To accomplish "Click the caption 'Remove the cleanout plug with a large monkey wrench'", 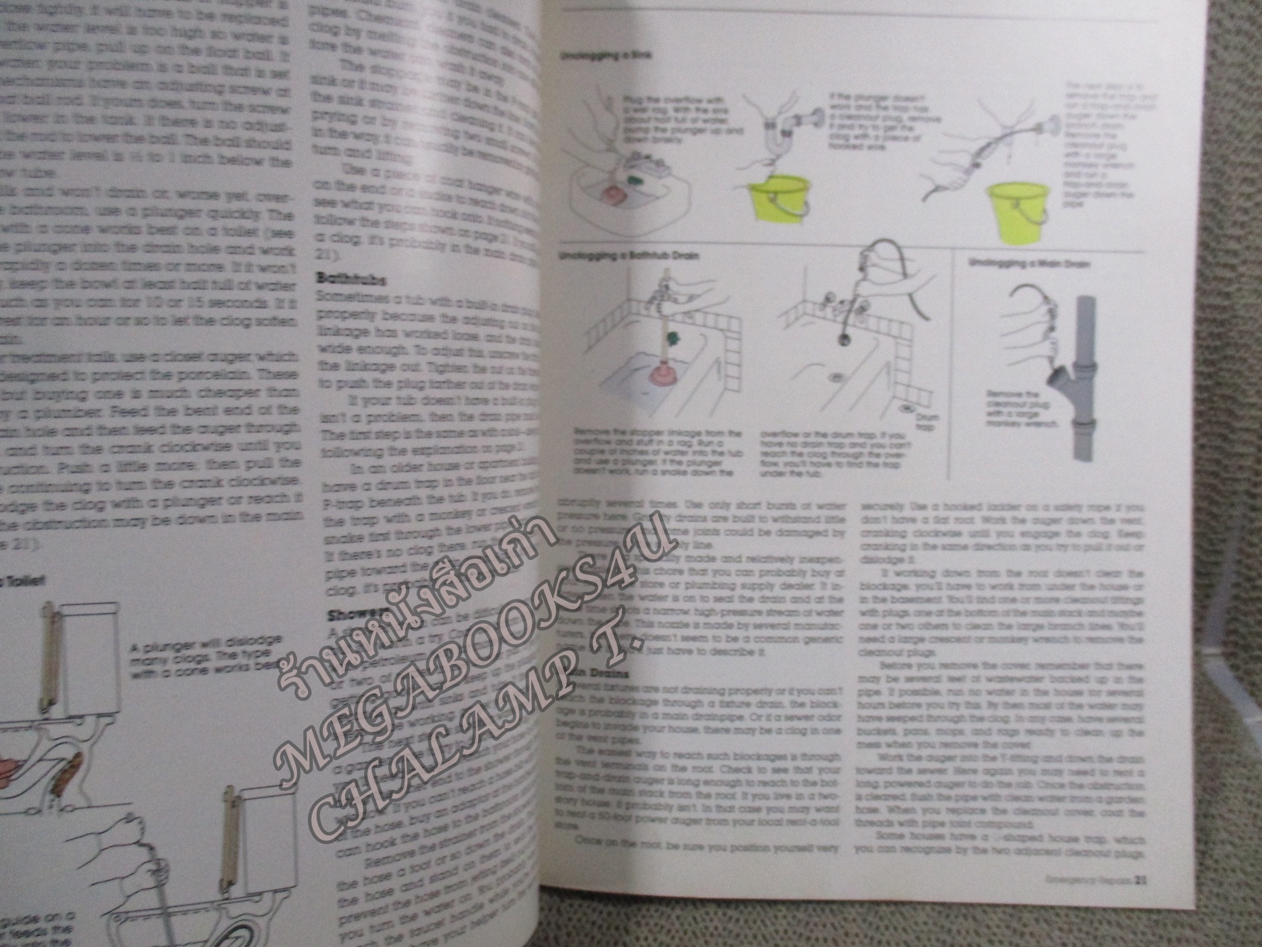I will (1020, 409).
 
